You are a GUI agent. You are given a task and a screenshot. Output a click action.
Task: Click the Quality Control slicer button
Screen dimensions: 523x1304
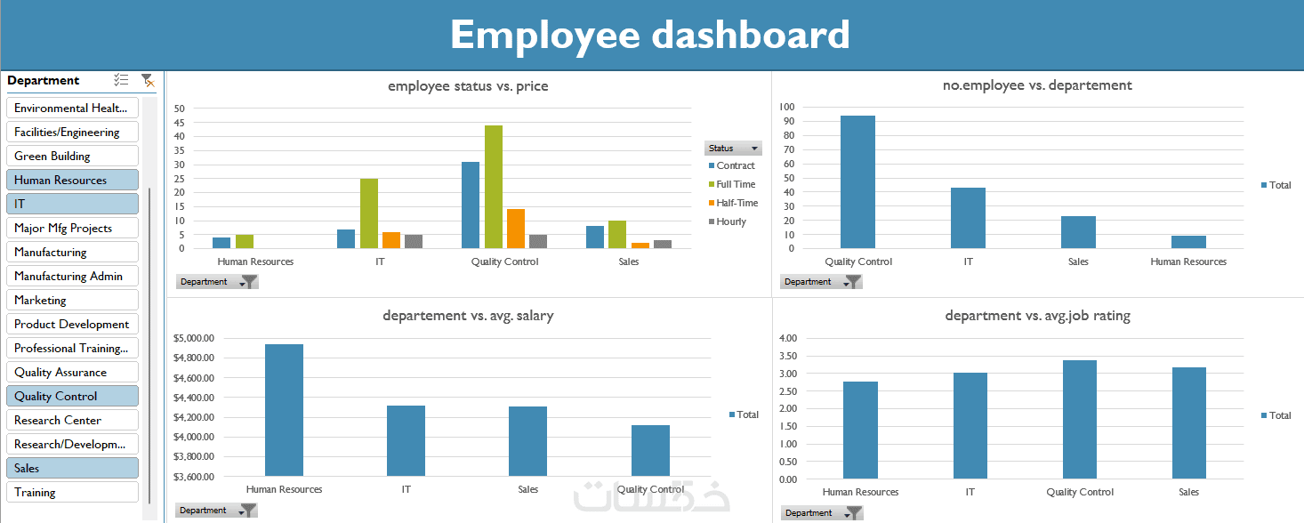(x=72, y=396)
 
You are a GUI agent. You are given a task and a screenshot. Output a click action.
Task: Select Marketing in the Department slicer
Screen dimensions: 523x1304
(x=72, y=300)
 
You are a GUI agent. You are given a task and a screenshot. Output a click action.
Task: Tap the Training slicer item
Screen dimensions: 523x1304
(x=72, y=492)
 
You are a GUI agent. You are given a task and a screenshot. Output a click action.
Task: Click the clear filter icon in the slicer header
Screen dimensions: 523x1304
(x=147, y=80)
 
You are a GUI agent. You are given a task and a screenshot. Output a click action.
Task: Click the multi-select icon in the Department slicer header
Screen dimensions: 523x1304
(x=121, y=80)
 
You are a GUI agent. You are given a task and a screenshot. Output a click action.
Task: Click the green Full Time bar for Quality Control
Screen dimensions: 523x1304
(x=493, y=187)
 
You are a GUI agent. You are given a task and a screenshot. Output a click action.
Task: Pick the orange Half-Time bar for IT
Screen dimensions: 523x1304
(x=390, y=239)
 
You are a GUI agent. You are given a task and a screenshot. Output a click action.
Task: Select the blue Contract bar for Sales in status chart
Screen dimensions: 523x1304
(x=595, y=237)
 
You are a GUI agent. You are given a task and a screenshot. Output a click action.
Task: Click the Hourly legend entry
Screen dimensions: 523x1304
(x=730, y=221)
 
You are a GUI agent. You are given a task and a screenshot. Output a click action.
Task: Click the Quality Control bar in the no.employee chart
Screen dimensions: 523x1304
(x=857, y=181)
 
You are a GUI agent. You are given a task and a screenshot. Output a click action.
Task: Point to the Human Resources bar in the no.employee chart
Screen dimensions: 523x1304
(x=1188, y=242)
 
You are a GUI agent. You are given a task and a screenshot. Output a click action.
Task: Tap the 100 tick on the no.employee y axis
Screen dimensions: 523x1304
(x=786, y=107)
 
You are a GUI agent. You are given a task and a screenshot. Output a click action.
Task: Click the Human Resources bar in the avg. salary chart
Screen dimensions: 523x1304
(x=284, y=410)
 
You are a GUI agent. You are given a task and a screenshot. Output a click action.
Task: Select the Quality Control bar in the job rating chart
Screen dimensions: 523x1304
(x=1080, y=419)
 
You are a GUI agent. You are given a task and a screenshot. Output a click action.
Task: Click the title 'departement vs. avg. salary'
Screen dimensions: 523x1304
(x=468, y=316)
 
